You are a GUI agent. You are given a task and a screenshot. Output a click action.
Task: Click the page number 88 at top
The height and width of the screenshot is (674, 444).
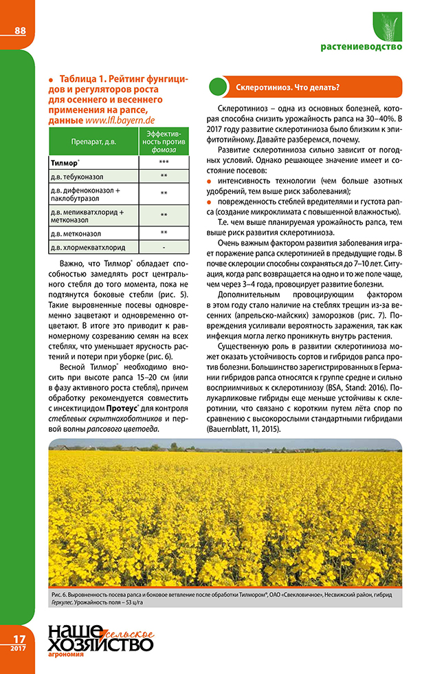(19, 30)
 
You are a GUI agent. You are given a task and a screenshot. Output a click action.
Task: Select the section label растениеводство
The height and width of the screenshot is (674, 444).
(362, 47)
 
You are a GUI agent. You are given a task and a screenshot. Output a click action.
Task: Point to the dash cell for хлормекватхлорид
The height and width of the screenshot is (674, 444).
(164, 246)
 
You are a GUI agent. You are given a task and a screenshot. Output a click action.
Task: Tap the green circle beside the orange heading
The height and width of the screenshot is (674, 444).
(218, 88)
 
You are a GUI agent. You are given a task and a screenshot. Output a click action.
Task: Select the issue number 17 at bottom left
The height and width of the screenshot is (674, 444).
(18, 639)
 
